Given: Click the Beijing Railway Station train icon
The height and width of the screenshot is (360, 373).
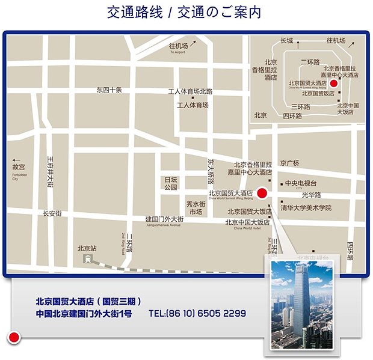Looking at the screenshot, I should (x=88, y=259).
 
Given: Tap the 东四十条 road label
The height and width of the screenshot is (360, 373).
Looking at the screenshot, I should (x=109, y=90).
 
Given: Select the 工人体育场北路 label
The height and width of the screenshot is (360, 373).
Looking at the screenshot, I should (x=190, y=92).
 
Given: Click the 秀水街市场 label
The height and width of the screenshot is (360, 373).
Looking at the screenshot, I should (x=196, y=208).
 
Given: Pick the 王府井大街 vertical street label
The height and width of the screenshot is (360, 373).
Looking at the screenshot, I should (x=51, y=172).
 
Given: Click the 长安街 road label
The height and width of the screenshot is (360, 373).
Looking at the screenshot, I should (x=52, y=213).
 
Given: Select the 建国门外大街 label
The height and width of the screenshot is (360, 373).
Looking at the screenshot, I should (x=164, y=220).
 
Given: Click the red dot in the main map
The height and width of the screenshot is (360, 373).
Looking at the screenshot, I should (x=262, y=193).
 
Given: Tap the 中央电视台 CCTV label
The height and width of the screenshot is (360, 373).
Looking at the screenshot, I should (x=300, y=184).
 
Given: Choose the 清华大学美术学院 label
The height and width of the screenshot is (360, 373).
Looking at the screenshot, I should (x=306, y=208).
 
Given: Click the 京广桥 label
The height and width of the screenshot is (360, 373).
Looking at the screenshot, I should (x=289, y=163).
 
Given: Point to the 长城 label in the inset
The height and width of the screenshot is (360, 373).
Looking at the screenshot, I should (x=286, y=41).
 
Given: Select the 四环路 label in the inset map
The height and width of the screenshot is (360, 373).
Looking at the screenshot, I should (x=292, y=115).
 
